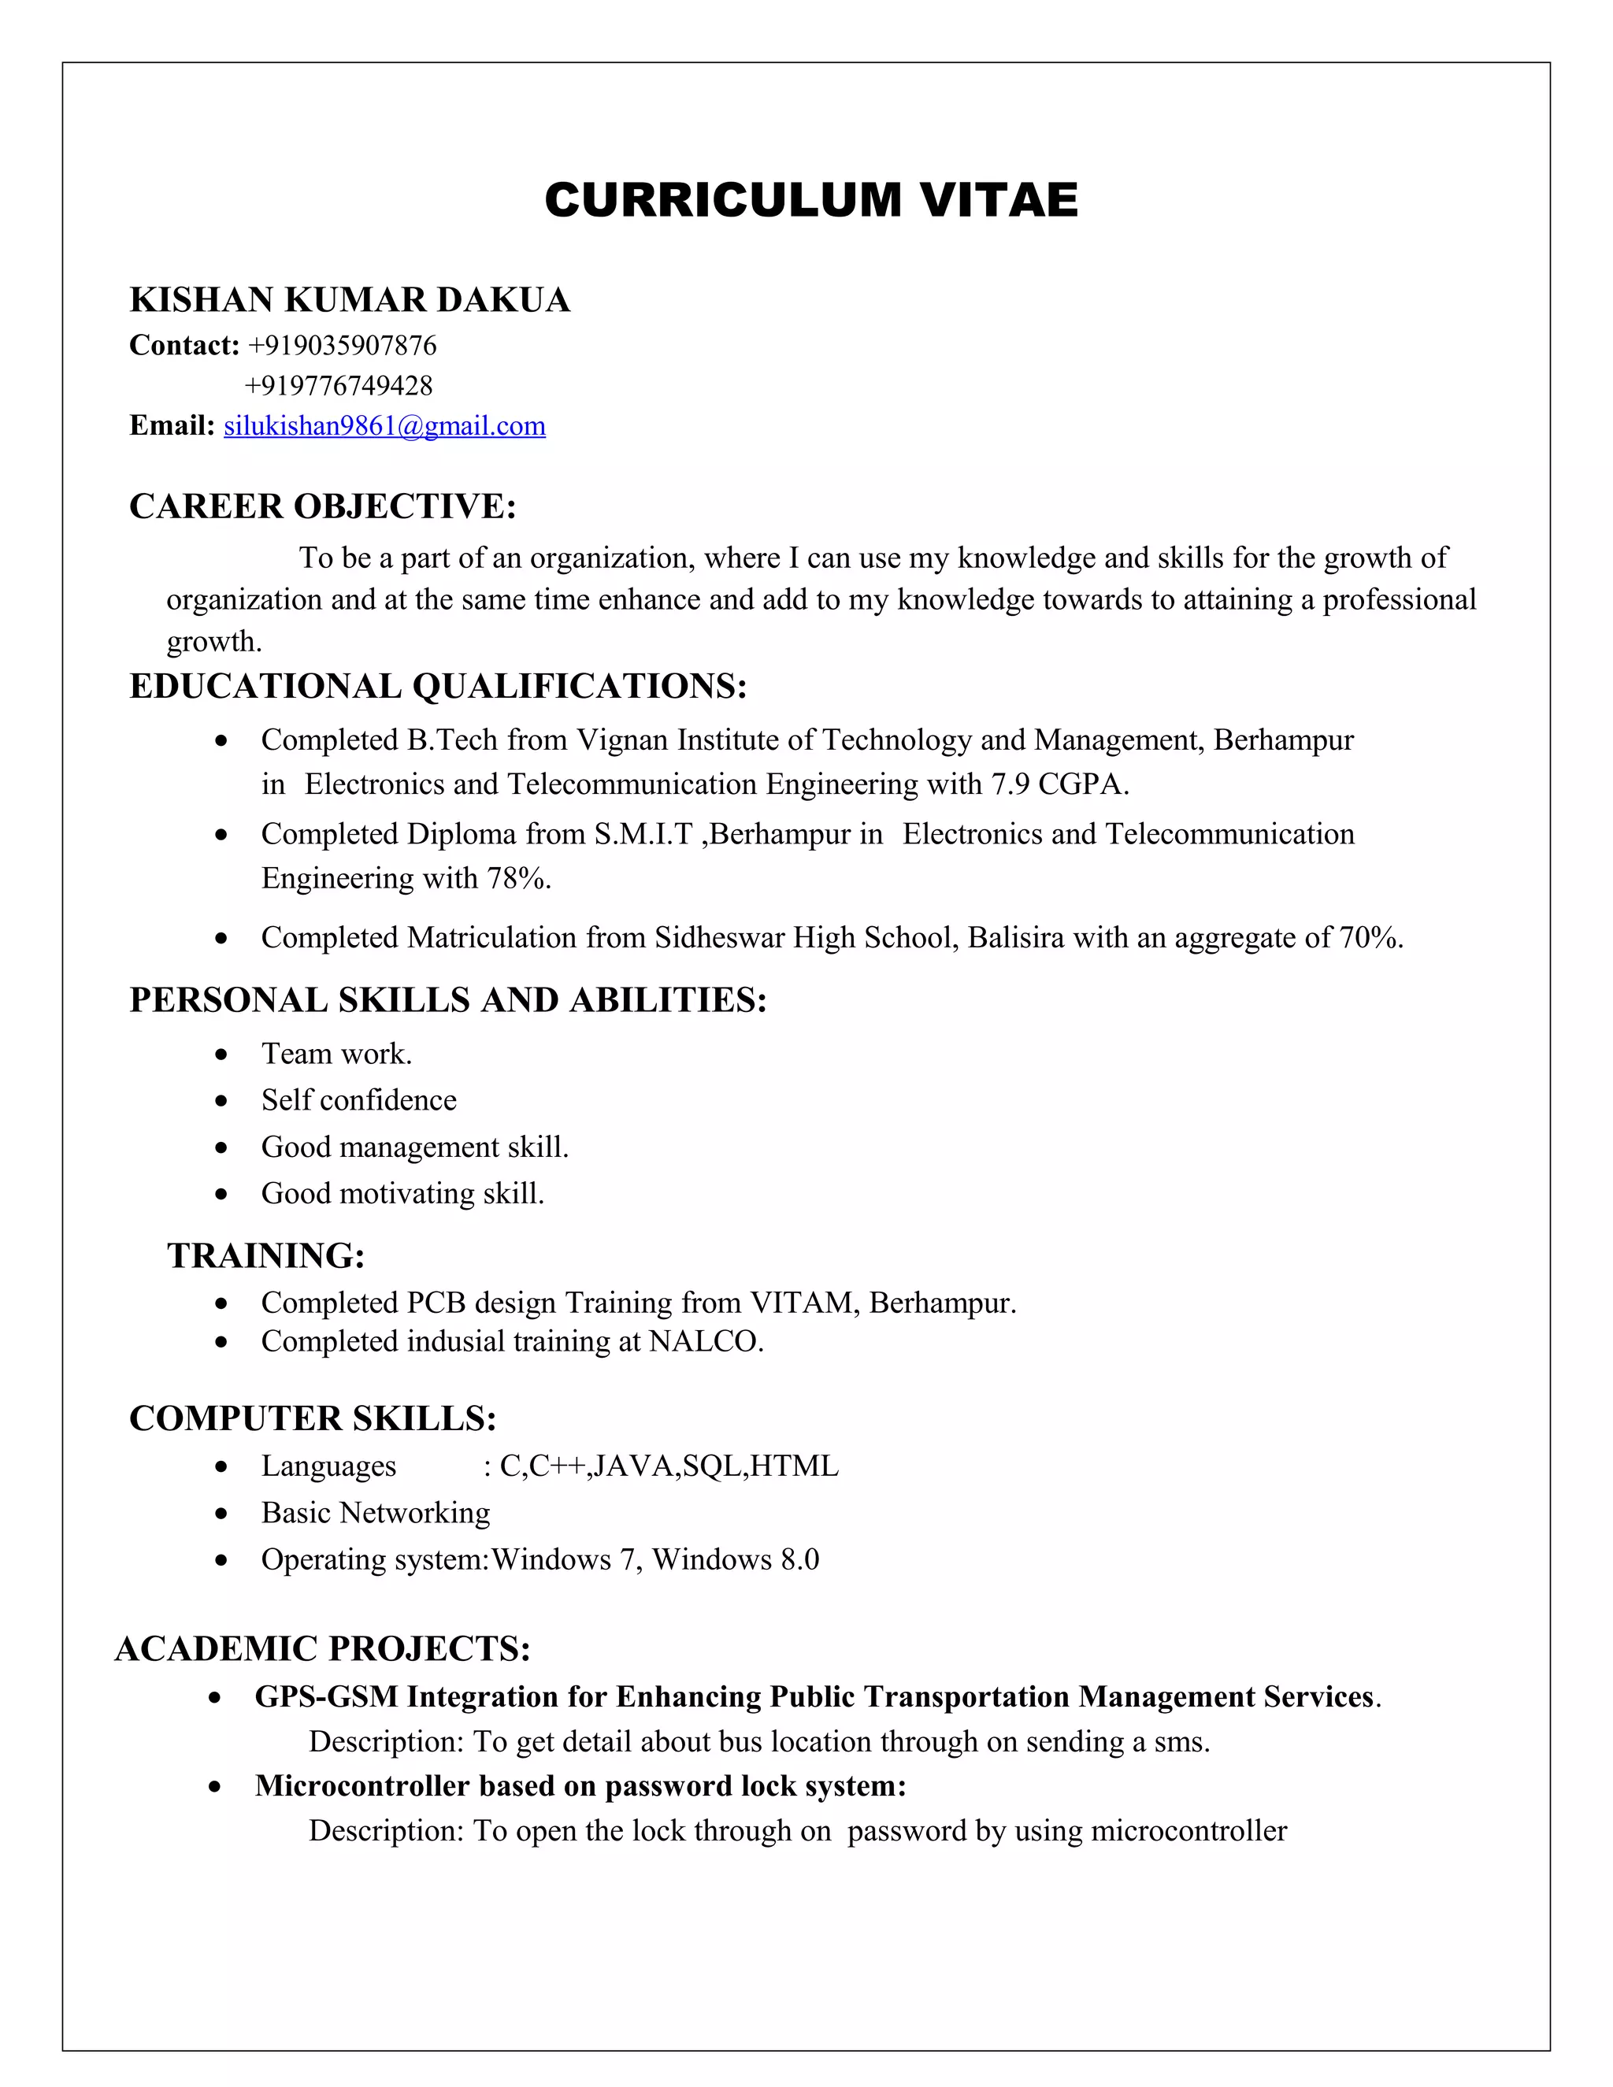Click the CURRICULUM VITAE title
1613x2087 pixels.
(810, 201)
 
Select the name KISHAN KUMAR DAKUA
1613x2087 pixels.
(350, 300)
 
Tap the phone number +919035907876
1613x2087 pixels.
(342, 345)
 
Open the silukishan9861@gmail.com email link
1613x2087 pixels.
(384, 426)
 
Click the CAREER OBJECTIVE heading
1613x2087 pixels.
(322, 506)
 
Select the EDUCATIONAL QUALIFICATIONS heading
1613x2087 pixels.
(438, 686)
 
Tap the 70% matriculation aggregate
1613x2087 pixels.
(1370, 937)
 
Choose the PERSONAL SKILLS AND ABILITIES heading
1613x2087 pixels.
(448, 999)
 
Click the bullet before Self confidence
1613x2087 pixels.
(221, 1101)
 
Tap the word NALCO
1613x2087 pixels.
(704, 1342)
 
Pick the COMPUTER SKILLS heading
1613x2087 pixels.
(313, 1418)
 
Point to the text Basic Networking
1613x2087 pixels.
(376, 1513)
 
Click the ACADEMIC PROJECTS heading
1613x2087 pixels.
(322, 1648)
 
